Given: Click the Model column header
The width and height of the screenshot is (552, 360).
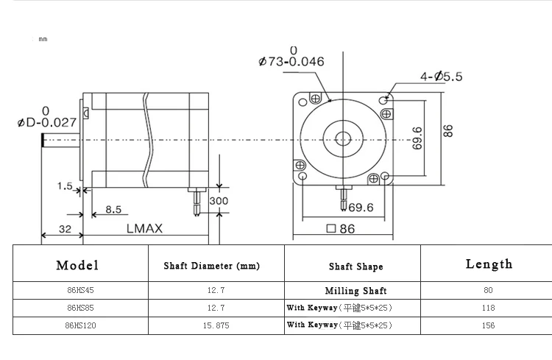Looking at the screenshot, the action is (x=77, y=265).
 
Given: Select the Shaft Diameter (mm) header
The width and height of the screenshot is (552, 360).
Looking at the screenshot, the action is (x=211, y=266).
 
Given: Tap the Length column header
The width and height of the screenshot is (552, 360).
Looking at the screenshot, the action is (x=489, y=264).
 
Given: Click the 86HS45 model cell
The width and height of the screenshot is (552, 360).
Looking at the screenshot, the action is (x=81, y=290).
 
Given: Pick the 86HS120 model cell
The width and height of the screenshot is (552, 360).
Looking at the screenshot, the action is (x=81, y=325).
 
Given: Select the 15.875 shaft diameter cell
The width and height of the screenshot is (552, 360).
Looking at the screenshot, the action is (x=216, y=325).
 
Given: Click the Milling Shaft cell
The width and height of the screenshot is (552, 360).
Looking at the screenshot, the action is (x=356, y=291).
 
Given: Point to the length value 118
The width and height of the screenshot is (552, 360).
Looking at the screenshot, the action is (x=488, y=308).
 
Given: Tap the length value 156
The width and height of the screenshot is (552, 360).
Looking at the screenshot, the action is (x=488, y=325).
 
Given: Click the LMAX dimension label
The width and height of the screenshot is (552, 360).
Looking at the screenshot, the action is (x=145, y=229).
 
